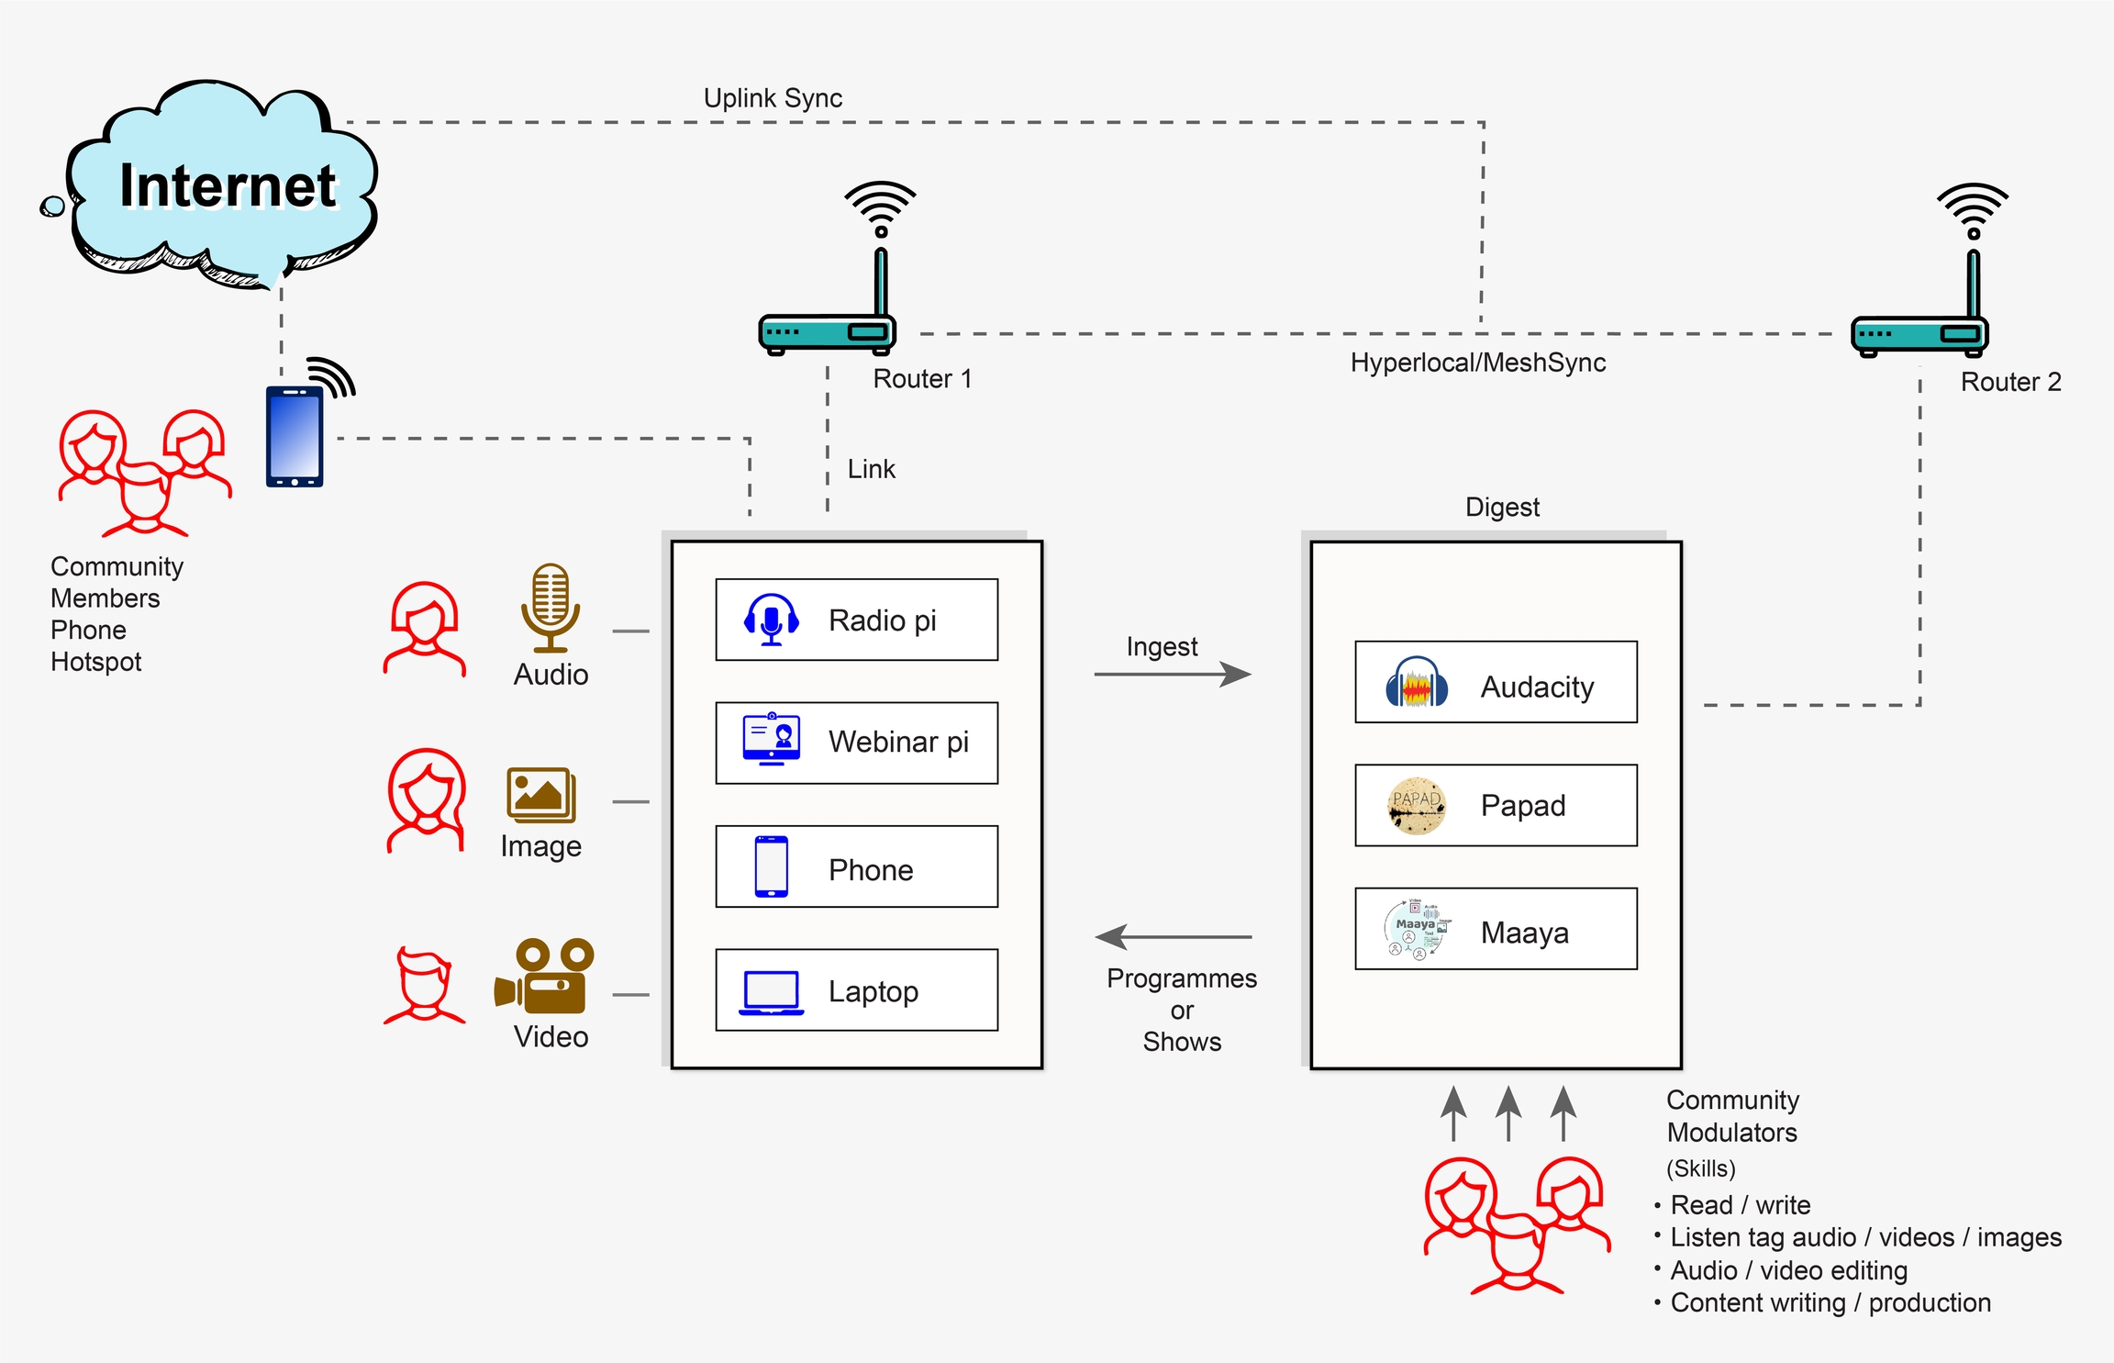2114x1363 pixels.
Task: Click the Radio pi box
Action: (x=856, y=620)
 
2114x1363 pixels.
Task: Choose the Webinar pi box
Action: (x=856, y=743)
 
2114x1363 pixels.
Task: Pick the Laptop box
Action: (x=856, y=990)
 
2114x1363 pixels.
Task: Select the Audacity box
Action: (x=1496, y=682)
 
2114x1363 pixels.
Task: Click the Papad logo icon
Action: (x=1416, y=805)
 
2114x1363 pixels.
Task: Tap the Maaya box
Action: (x=1496, y=929)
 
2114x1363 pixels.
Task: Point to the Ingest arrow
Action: (x=1173, y=675)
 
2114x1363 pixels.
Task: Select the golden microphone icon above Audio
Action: (x=551, y=607)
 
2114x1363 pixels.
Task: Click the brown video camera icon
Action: (x=545, y=976)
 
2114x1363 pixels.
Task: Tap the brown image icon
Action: (x=540, y=795)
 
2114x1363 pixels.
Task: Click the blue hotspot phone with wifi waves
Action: (x=295, y=435)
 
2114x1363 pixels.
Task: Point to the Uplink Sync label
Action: (x=773, y=98)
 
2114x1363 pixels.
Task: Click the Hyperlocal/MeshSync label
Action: (x=1477, y=363)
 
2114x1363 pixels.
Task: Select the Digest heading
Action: (x=1502, y=507)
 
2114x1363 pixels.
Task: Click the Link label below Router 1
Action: (x=871, y=469)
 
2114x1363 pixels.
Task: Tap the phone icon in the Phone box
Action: (x=771, y=866)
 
